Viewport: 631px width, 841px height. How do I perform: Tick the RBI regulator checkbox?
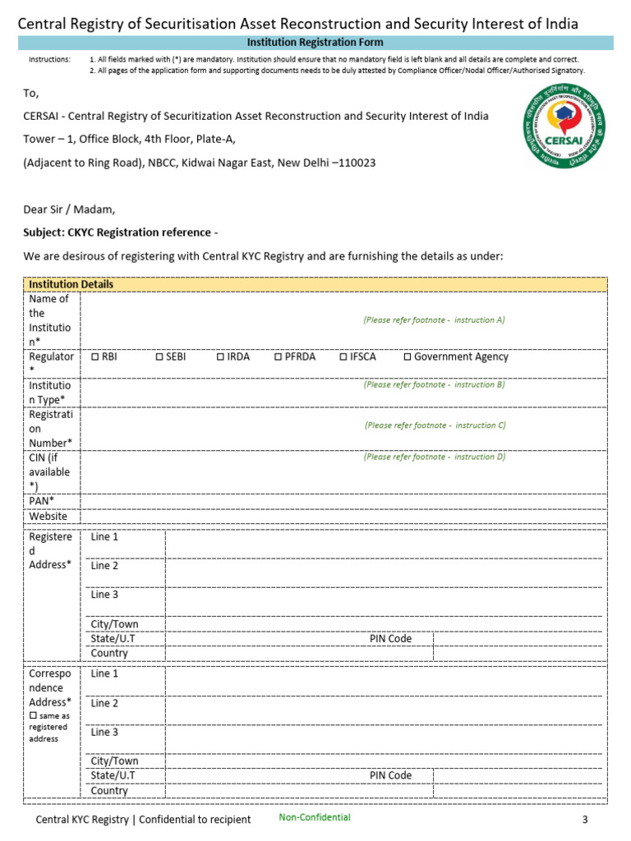[x=95, y=356]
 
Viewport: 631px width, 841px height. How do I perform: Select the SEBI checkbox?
[x=159, y=356]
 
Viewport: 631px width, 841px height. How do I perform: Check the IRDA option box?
[x=221, y=356]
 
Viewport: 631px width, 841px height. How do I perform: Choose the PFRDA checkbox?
[x=279, y=356]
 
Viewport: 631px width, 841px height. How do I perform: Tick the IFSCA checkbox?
[x=343, y=356]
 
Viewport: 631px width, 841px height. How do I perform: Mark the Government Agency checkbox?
[x=408, y=356]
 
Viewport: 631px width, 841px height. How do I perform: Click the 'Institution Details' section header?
[x=71, y=284]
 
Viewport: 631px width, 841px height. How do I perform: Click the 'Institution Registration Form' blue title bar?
[x=315, y=42]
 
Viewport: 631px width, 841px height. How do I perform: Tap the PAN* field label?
[x=42, y=500]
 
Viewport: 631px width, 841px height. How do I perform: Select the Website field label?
[x=49, y=516]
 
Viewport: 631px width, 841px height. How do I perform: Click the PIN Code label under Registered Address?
[x=390, y=638]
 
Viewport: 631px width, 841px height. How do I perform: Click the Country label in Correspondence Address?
[x=109, y=790]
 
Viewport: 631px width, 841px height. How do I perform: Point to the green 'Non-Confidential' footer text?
[x=314, y=817]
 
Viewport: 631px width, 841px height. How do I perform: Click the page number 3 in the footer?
[x=585, y=820]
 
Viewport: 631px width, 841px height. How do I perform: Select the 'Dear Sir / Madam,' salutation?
[x=69, y=209]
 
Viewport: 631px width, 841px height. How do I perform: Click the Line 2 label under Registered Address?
[x=104, y=566]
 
